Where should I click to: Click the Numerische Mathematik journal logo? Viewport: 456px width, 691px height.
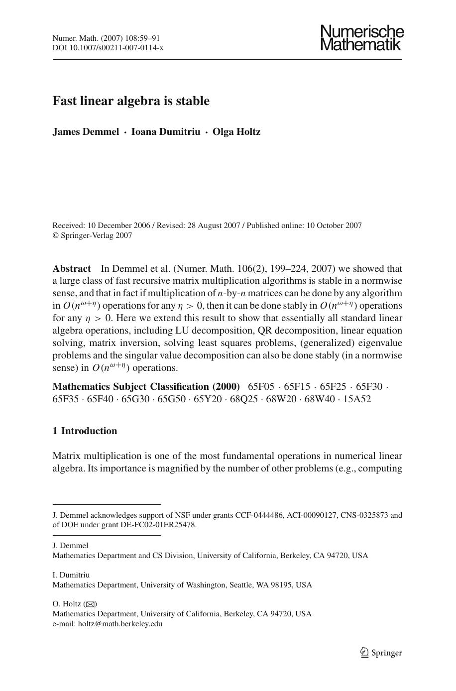tap(361, 38)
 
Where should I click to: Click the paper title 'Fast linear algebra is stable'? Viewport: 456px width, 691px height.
tap(131, 101)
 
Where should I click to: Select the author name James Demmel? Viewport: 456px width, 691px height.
tap(86, 132)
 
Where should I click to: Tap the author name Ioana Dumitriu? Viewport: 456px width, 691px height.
tap(165, 132)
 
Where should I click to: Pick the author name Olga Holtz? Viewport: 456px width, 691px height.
tap(236, 132)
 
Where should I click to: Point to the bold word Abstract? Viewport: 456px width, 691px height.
tap(72, 269)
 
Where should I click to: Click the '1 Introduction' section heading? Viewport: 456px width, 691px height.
tap(85, 431)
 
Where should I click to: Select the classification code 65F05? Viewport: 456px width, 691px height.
tap(261, 387)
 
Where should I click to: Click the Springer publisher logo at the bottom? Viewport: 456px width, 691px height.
tap(381, 653)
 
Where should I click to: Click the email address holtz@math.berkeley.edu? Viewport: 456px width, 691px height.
tap(120, 623)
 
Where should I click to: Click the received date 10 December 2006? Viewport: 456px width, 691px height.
tap(118, 226)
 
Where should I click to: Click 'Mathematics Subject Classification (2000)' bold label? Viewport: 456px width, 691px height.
tap(146, 387)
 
